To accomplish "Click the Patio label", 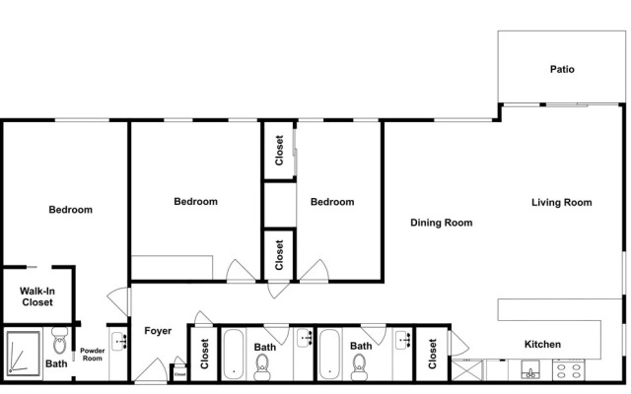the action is tap(562, 69).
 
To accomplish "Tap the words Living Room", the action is tap(561, 202).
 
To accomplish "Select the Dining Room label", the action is tap(441, 223).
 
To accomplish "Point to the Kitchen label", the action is tap(542, 344).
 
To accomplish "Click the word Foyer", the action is tap(158, 331).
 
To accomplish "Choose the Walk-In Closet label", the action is tap(37, 296).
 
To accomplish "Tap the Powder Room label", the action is tap(92, 355).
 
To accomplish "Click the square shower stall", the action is tap(24, 354).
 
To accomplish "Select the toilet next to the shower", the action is tap(60, 341).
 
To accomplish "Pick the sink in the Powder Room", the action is tap(119, 342).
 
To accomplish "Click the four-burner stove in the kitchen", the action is tap(568, 370).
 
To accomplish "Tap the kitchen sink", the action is tap(530, 370).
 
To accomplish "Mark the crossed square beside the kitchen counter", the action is tap(466, 370).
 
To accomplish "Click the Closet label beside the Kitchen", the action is tap(432, 354).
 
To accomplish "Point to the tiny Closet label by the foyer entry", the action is tap(179, 374).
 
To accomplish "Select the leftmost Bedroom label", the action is tap(70, 210).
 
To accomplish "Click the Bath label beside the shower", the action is tap(56, 363).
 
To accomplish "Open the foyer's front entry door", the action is tap(151, 371).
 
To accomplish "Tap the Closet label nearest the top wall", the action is tap(279, 151).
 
